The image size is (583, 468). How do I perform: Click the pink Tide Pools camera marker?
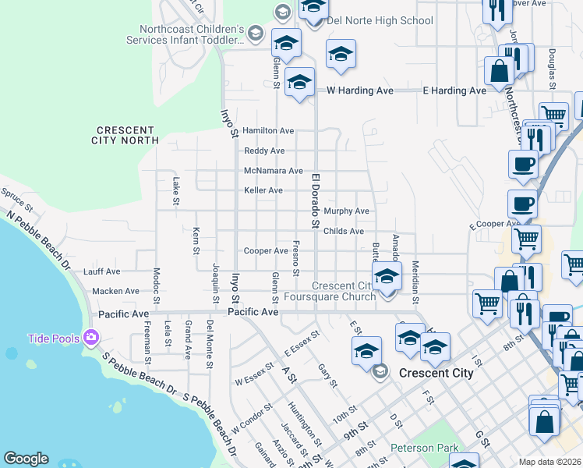pos(91,338)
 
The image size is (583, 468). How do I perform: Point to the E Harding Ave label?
pos(454,90)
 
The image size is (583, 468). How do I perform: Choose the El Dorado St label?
pos(316,201)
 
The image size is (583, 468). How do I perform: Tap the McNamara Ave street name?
pos(273,171)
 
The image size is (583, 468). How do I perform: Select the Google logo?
pos(26,459)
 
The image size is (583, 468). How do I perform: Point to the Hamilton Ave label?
pos(267,130)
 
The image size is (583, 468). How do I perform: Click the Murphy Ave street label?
pos(346,211)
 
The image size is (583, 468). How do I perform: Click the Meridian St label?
pos(416,282)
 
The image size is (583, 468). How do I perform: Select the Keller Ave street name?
pos(263,190)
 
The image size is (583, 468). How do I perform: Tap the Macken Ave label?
pos(115,291)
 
